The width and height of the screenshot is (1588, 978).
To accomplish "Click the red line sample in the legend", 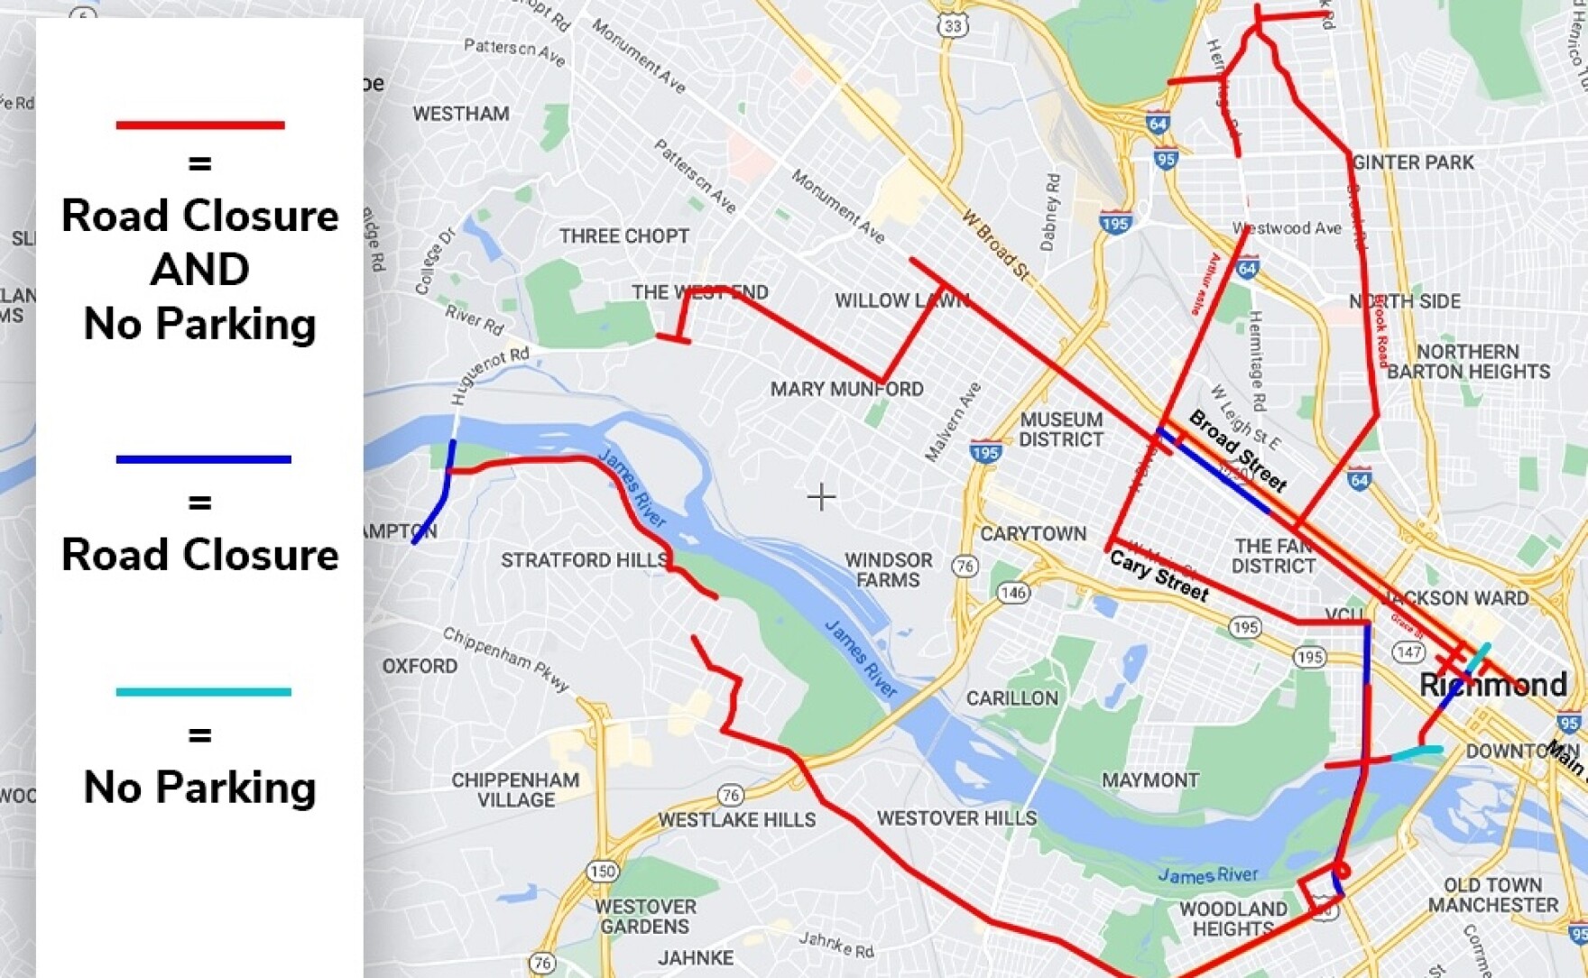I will click(199, 125).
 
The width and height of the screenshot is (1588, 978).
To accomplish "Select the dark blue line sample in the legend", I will click(203, 459).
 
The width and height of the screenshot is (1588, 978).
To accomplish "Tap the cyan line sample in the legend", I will click(203, 692).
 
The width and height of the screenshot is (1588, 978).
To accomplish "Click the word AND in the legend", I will click(199, 270).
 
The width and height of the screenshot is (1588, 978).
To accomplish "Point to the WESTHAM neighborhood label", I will click(461, 114).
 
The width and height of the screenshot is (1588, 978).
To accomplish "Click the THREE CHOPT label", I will click(624, 236).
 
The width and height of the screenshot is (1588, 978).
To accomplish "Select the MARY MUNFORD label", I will click(846, 389).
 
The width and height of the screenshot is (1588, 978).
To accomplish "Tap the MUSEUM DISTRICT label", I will click(1061, 429).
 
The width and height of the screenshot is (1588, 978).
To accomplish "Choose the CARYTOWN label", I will click(1033, 534).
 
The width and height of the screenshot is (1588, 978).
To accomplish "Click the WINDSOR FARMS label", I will click(888, 570).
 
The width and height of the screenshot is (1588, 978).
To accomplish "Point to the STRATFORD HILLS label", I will click(584, 560).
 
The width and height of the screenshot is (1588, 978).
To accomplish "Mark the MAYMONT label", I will click(1150, 780).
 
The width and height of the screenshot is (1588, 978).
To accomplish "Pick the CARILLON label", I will click(1011, 698).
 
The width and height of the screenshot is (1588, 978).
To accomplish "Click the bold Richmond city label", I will click(1493, 685).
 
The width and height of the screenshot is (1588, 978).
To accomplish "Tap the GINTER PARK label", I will click(1413, 162).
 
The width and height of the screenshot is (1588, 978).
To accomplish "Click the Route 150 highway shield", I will click(602, 872).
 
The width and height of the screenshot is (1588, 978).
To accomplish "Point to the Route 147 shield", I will click(1408, 650).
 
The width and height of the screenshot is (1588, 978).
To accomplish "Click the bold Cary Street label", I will click(1159, 576).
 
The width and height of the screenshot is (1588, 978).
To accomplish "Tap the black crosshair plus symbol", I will click(821, 496).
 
